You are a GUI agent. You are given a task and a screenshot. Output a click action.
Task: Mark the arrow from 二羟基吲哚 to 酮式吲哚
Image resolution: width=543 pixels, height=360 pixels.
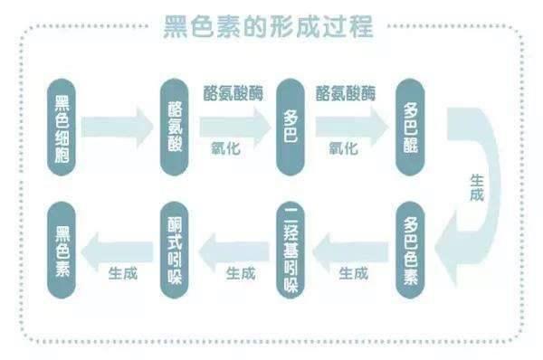coord(233,247)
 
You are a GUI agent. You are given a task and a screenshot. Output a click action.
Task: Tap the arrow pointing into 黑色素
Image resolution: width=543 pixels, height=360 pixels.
coord(119,247)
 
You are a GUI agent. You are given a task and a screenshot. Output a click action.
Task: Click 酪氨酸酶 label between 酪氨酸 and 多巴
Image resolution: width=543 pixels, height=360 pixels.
coord(233,93)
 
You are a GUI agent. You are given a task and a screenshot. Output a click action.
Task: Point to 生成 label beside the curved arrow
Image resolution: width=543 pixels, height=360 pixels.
coord(480,188)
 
